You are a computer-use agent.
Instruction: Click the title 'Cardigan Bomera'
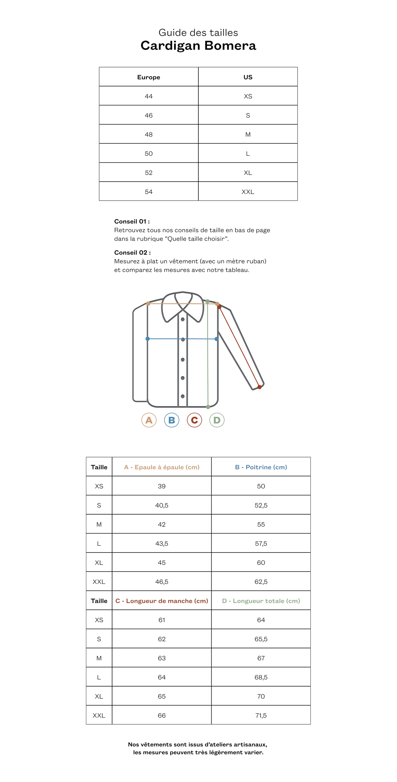(198, 45)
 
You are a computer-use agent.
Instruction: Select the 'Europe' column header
(148, 77)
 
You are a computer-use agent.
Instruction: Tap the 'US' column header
(248, 77)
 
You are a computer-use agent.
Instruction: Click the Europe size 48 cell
(148, 135)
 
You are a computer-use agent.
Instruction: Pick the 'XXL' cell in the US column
(248, 192)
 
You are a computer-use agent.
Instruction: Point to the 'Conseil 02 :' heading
(132, 253)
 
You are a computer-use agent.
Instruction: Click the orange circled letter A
(149, 420)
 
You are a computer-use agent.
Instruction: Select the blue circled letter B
(171, 420)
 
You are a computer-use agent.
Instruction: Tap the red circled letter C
(194, 420)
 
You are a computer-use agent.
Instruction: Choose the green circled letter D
(217, 420)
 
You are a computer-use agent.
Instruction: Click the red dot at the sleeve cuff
(259, 387)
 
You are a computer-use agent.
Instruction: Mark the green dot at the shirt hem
(208, 407)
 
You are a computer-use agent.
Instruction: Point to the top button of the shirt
(183, 319)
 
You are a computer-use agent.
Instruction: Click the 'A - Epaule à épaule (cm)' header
(162, 467)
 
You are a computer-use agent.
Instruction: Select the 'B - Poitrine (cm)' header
(261, 467)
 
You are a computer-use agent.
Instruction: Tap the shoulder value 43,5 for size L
(162, 544)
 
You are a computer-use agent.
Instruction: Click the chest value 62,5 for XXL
(261, 582)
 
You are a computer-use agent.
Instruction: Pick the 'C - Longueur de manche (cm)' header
(162, 601)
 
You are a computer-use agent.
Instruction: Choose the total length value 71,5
(261, 715)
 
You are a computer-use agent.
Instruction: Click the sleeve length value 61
(162, 620)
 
